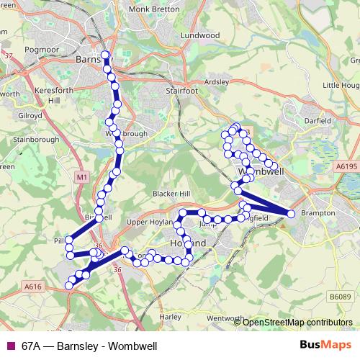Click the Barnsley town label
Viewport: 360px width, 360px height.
92,60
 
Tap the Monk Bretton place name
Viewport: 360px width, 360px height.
148,9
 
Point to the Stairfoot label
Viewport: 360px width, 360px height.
181,91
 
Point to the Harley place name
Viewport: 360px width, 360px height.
170,316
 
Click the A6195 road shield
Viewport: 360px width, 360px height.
346,166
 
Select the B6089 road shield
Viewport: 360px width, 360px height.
341,296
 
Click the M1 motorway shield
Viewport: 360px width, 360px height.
81,176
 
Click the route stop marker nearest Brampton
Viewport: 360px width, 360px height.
291,214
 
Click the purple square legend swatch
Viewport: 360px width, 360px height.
9,346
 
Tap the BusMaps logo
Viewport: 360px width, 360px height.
330,345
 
